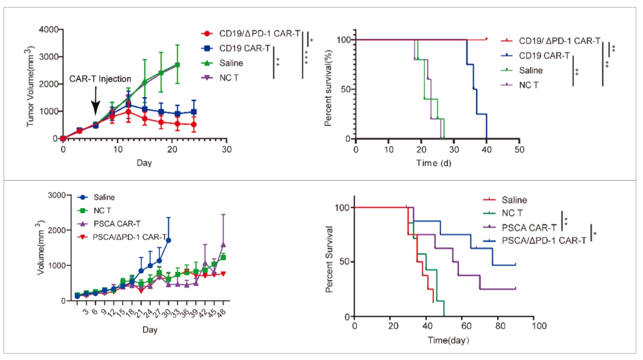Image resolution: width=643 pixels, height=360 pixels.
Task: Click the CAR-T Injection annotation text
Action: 100,79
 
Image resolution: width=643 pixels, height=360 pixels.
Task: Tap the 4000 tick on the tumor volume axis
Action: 49,30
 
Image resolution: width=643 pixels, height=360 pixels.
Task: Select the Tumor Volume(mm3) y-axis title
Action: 30,86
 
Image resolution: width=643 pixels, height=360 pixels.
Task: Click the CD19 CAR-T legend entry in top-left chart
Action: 244,48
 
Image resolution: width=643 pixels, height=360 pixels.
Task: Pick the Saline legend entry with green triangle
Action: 231,63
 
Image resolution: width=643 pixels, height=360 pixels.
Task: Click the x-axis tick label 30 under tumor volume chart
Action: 227,149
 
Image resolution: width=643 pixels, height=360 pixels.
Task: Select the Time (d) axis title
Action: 433,163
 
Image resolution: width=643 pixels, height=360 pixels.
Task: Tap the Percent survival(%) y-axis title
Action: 328,88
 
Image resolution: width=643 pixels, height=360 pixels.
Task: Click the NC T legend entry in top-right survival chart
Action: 528,85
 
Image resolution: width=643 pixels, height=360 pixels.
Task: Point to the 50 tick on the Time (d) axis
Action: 519,149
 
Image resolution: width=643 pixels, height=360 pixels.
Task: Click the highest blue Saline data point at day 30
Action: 168,240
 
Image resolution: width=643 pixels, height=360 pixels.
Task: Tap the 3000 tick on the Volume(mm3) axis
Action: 57,195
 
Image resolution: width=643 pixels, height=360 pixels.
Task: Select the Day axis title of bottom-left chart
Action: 150,330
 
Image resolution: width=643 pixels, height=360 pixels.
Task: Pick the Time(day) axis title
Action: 448,341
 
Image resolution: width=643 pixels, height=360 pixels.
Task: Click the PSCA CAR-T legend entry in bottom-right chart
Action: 529,227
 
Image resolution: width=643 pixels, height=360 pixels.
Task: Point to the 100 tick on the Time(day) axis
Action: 539,326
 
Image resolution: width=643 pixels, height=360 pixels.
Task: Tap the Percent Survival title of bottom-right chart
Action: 329,259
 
